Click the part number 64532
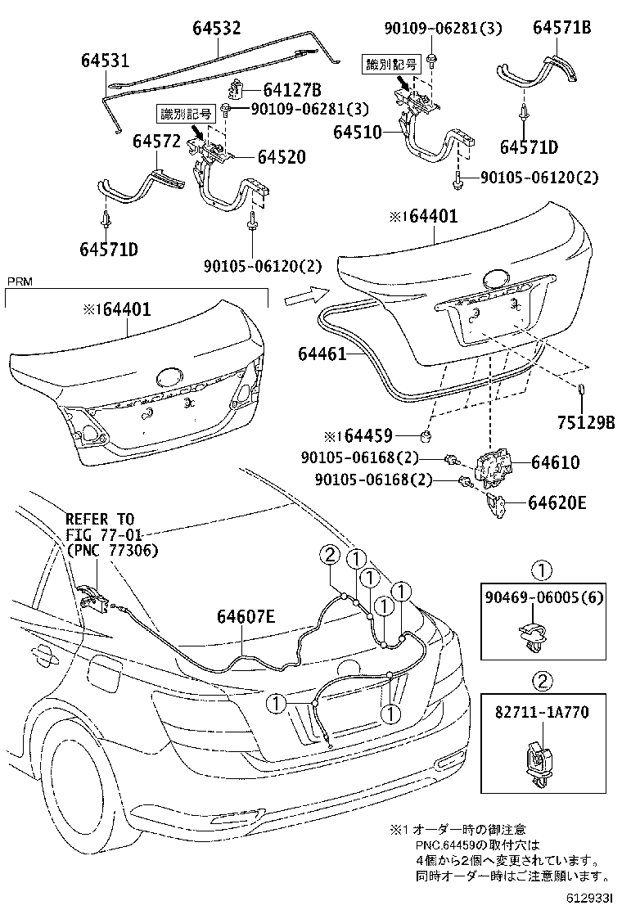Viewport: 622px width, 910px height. [x=217, y=28]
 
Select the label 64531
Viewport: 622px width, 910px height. [x=105, y=61]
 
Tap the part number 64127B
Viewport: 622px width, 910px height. [x=291, y=90]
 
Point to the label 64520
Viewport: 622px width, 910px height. [x=282, y=156]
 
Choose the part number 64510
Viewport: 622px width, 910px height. [x=358, y=131]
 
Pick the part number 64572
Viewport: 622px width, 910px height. [x=156, y=142]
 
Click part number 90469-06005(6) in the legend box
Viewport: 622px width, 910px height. [x=543, y=597]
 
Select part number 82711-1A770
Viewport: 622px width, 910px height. [x=543, y=713]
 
